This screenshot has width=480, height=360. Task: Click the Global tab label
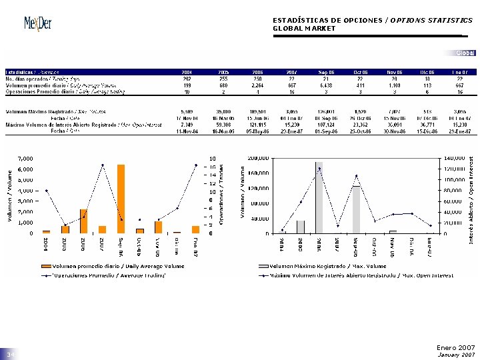point(465,53)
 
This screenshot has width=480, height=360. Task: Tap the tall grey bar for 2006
point(319,198)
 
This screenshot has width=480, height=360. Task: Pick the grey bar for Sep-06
point(356,209)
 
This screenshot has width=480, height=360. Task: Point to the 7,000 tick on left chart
point(25,159)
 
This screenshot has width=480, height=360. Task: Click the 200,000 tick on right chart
point(258,159)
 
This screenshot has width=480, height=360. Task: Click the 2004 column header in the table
point(187,71)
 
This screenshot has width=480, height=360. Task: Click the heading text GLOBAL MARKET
point(304,29)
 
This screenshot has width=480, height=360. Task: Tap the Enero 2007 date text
point(455,347)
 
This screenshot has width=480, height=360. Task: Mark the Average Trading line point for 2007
point(102,165)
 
